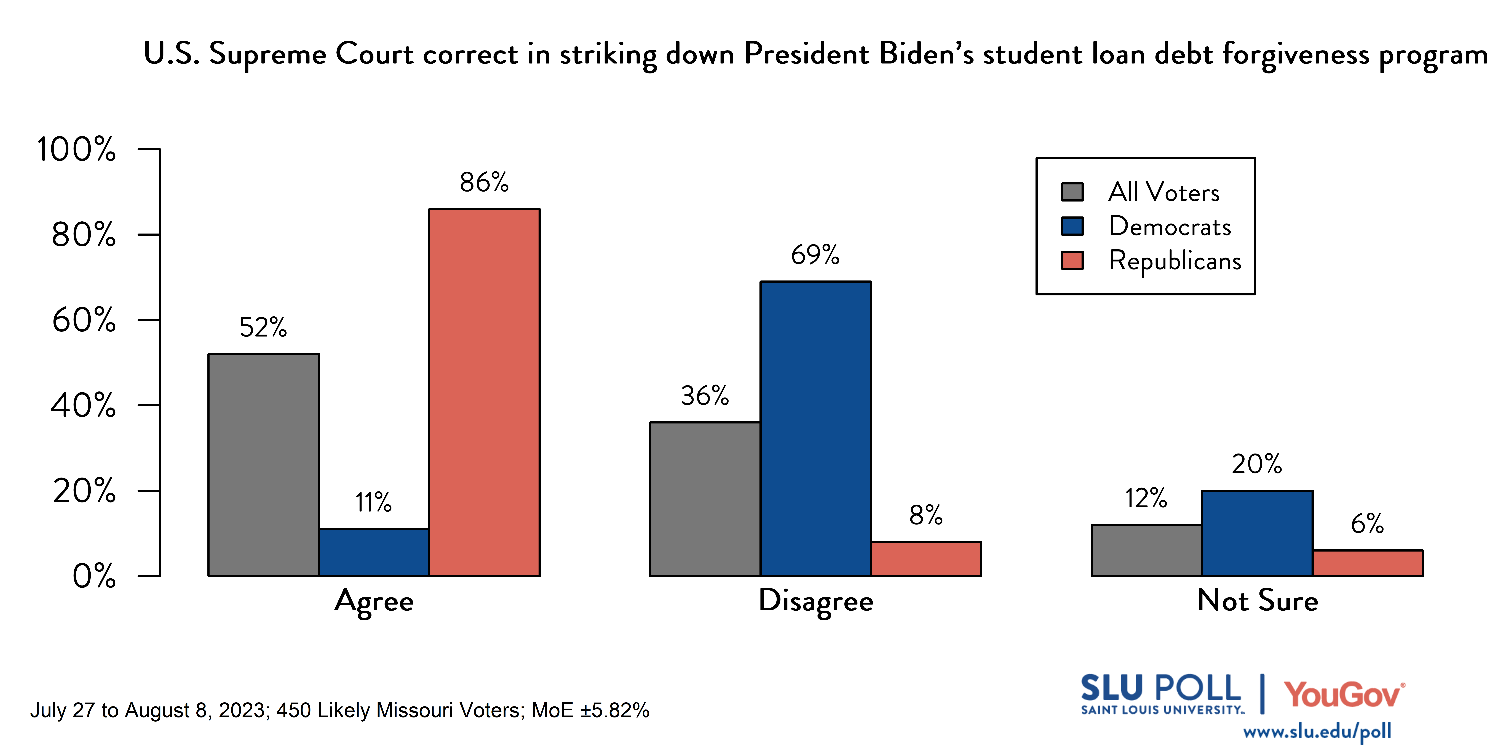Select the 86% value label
[x=484, y=182]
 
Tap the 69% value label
[x=815, y=255]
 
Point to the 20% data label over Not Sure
[x=1257, y=464]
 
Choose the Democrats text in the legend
[x=1170, y=226]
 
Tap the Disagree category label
[x=815, y=601]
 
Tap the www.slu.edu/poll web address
[x=1317, y=732]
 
